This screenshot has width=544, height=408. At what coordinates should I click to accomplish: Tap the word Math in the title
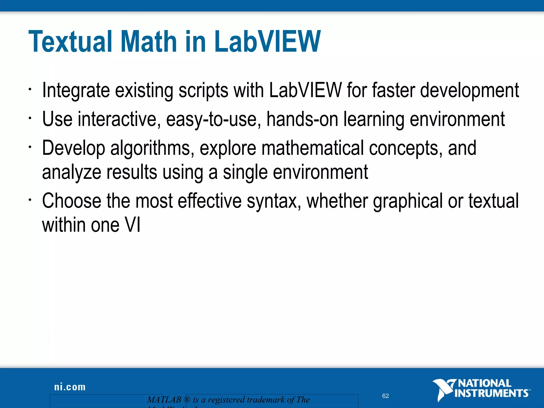point(149,42)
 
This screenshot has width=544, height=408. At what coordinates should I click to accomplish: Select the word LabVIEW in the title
point(267,42)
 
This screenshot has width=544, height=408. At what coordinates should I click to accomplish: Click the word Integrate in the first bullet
point(76,91)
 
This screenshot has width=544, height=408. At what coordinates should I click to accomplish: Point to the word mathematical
point(312,148)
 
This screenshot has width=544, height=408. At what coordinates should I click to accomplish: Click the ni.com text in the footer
point(70,387)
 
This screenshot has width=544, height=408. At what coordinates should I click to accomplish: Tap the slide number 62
point(385,396)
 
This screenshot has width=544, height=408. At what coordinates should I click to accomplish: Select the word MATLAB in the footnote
point(164,400)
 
